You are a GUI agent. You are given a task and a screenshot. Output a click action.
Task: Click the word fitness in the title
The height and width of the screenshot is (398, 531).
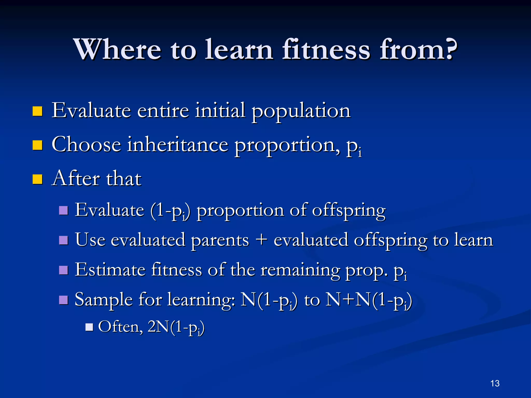(326, 49)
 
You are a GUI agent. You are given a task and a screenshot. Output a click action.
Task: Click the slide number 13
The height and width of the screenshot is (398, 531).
(495, 383)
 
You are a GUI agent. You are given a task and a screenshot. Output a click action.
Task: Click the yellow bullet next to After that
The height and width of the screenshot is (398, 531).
(38, 179)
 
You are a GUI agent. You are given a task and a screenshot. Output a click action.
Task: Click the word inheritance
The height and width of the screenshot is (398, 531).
(178, 145)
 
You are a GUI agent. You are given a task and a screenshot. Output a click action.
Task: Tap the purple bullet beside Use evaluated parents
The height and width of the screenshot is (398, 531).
(64, 240)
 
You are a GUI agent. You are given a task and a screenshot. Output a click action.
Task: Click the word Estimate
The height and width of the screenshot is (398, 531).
(110, 270)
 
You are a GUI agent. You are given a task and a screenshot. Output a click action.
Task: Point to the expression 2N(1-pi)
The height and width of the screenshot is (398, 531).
(176, 327)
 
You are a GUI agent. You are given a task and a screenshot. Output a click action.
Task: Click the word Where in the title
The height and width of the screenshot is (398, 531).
(117, 49)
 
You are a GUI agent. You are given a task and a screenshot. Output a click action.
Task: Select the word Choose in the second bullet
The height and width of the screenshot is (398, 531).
(86, 145)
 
